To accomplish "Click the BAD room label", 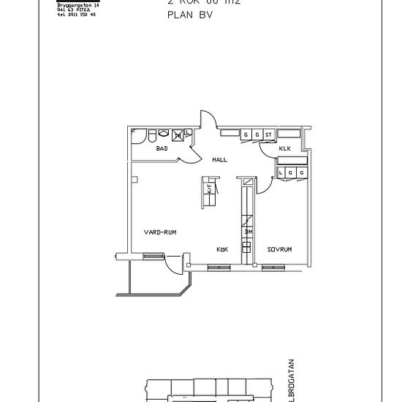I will pyautogui.click(x=162, y=148).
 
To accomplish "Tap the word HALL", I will pyautogui.click(x=219, y=159).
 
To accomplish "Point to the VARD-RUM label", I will pyautogui.click(x=160, y=232).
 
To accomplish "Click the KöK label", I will pyautogui.click(x=222, y=249).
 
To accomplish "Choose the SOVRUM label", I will pyautogui.click(x=279, y=249).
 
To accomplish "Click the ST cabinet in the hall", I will pyautogui.click(x=268, y=135).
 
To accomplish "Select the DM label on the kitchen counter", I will pyautogui.click(x=249, y=232).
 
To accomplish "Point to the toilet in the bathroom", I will pyautogui.click(x=151, y=136).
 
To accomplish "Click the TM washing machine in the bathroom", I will pyautogui.click(x=178, y=135).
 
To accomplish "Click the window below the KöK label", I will pyautogui.click(x=219, y=267).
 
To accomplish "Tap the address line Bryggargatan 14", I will pyautogui.click(x=77, y=5).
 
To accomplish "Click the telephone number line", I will pyautogui.click(x=76, y=15).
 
